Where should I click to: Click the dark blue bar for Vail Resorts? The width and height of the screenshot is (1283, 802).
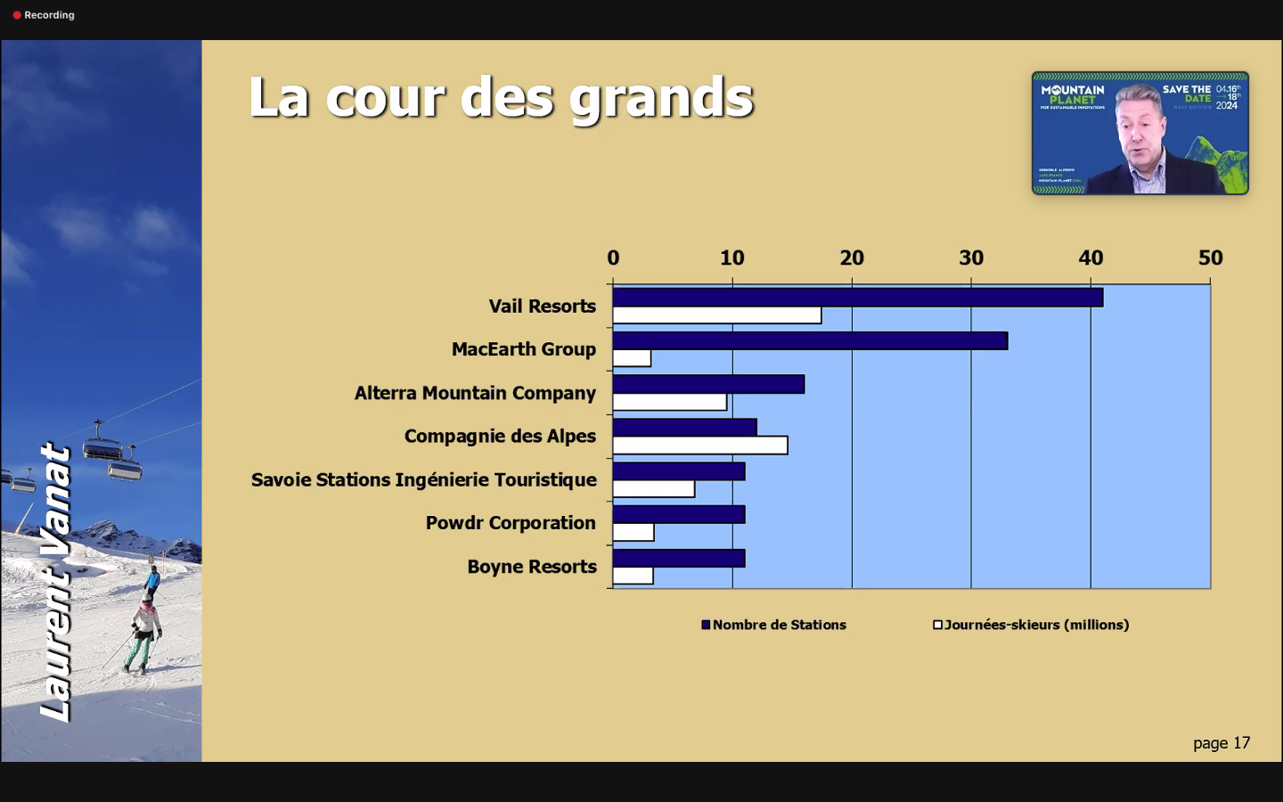pos(857,298)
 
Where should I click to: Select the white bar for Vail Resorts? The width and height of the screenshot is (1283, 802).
pos(716,315)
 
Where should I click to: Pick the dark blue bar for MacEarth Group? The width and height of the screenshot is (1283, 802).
pos(810,341)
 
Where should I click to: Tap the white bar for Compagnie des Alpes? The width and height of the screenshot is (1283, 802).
pos(699,446)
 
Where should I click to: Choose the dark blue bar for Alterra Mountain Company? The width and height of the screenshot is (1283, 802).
pos(708,384)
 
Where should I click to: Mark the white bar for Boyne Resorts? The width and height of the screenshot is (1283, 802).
pos(633,576)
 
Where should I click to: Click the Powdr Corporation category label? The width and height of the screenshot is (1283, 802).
pos(511,523)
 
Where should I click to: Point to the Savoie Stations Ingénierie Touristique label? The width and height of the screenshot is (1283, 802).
pos(424,479)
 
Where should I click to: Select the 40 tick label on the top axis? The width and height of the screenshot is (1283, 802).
pos(1091,258)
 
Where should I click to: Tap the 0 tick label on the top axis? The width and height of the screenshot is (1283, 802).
pos(613,258)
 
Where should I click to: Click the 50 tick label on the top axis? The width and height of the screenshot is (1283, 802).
pos(1210,258)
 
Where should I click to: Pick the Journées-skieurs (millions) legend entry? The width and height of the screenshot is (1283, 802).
pos(1031,625)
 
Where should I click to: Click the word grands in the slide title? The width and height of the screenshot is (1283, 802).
pos(661,98)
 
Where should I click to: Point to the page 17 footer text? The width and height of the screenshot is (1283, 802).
pos(1222,743)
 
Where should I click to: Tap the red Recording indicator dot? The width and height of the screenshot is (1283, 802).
pos(17,15)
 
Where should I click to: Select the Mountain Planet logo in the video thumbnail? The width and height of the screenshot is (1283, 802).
pos(1073,94)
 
